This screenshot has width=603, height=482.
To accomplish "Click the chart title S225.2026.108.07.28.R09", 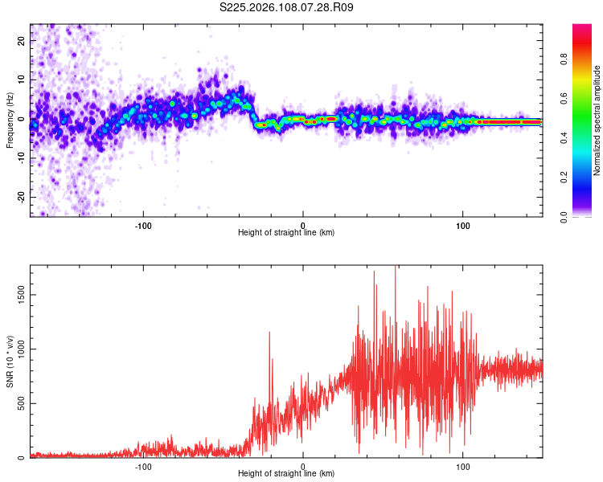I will (x=287, y=7).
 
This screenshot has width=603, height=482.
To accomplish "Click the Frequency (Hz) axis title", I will (x=10, y=120).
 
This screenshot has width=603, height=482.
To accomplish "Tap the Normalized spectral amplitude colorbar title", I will (x=597, y=120).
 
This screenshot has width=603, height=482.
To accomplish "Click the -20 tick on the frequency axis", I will (x=21, y=197).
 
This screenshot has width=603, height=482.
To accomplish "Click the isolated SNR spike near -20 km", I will (x=269, y=333).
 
